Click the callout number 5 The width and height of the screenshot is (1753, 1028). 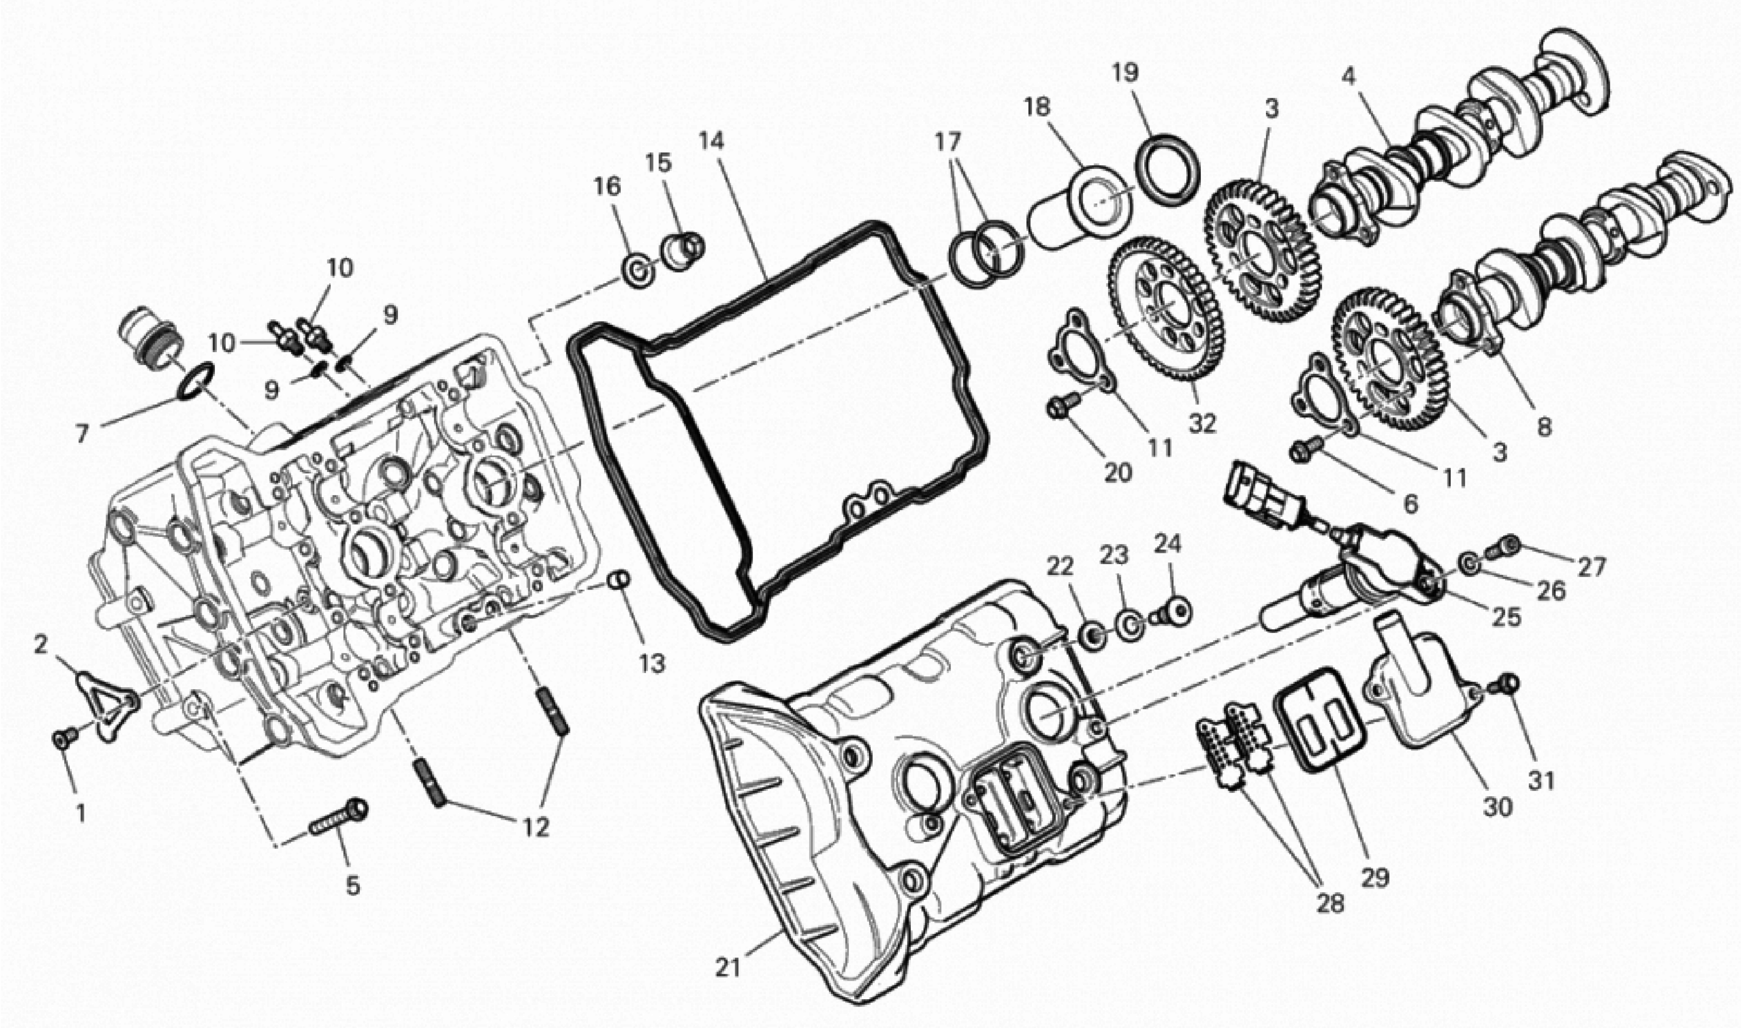coord(353,886)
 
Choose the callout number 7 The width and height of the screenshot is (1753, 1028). coord(83,434)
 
